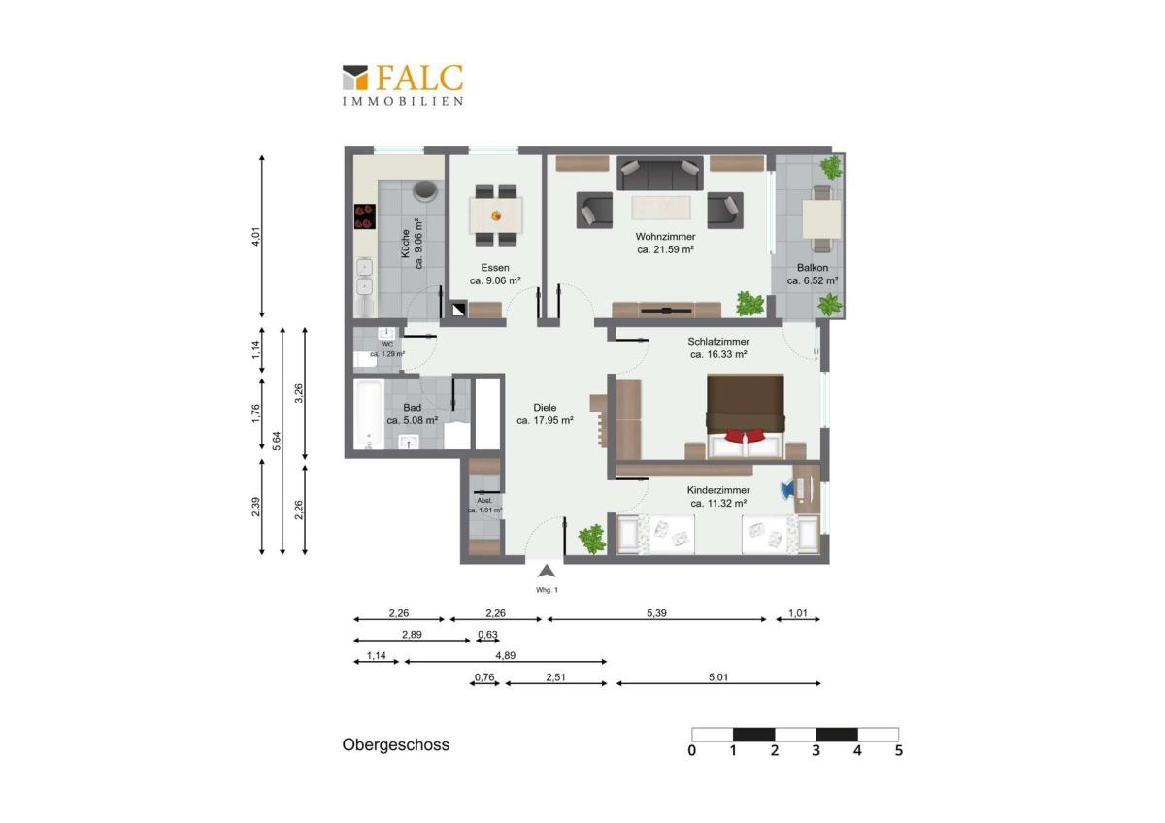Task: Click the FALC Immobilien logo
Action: click(403, 84)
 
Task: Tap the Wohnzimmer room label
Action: click(665, 237)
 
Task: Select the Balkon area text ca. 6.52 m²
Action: click(813, 280)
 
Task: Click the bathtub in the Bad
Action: click(369, 413)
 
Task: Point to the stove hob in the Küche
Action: click(365, 216)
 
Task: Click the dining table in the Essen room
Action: click(496, 215)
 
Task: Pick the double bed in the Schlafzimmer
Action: click(746, 416)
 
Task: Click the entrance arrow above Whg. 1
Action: click(546, 572)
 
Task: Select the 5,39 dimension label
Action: click(656, 613)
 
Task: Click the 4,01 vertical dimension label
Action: click(256, 237)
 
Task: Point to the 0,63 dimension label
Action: click(487, 635)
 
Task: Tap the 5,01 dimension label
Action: click(718, 677)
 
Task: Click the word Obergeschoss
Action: click(396, 745)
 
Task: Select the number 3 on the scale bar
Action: click(816, 751)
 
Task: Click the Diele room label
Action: click(545, 408)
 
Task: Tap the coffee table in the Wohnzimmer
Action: click(661, 208)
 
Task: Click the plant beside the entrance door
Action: click(592, 538)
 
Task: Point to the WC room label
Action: click(387, 345)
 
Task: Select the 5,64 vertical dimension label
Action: click(278, 442)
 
